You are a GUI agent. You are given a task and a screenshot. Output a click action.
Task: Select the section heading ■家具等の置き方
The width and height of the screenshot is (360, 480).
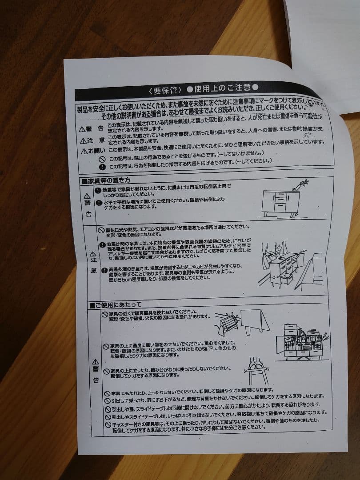[106, 181]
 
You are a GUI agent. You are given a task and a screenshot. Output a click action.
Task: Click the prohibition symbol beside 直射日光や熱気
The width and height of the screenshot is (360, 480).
[101, 229]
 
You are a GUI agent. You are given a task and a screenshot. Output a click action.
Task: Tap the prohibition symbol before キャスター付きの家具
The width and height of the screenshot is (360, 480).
[108, 425]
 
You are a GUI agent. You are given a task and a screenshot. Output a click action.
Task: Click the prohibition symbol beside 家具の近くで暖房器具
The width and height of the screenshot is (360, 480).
[105, 314]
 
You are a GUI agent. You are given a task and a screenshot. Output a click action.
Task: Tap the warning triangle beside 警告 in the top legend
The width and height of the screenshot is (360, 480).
[82, 129]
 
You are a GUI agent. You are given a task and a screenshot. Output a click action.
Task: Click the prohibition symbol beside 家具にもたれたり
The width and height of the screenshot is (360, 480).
[107, 394]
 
